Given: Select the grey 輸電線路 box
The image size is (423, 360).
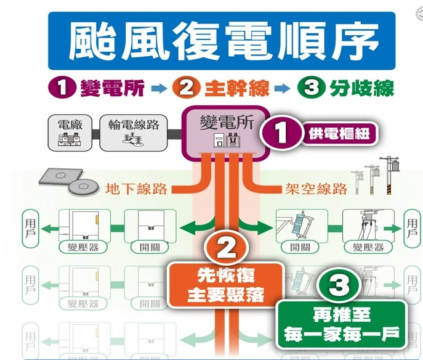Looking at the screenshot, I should click(x=132, y=132).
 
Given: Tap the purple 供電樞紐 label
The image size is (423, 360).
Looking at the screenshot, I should click(x=339, y=133).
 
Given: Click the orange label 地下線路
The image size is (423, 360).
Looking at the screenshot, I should click(x=136, y=188).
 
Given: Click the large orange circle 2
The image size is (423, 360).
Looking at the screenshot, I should click(x=226, y=249).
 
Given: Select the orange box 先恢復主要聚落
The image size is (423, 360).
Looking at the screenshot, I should click(x=226, y=285).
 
